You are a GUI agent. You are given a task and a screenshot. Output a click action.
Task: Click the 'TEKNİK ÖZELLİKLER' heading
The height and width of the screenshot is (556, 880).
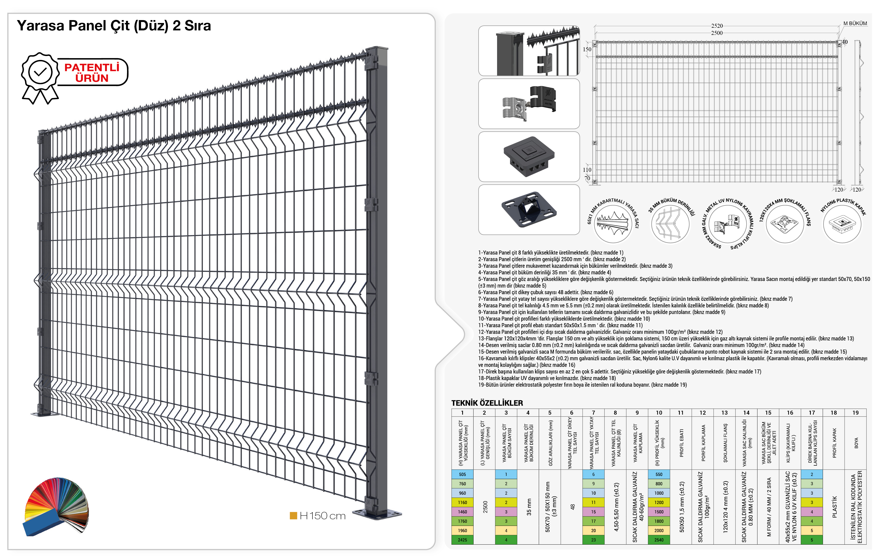coord(487,403)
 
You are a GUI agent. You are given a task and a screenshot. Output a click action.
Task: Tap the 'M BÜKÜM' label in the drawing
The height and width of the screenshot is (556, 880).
coord(855,24)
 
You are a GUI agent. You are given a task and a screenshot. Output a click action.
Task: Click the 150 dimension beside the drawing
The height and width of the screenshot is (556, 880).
coord(587,49)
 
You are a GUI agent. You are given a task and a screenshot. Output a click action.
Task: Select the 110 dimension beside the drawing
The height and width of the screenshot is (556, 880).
coord(587,170)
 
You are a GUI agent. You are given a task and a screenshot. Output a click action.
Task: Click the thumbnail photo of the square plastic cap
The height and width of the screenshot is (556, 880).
coord(529,156)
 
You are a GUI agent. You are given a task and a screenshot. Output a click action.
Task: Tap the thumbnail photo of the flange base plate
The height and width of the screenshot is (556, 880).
coord(529,210)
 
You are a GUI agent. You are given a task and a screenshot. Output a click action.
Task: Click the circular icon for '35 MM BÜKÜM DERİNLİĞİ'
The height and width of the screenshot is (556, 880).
coord(670,224)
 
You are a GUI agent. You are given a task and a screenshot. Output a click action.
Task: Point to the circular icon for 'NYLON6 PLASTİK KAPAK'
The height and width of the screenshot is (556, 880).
coord(842,224)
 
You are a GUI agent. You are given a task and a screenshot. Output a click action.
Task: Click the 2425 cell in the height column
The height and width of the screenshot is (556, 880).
coord(462,540)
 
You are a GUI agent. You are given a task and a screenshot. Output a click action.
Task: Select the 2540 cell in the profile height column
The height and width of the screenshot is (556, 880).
coord(659,540)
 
